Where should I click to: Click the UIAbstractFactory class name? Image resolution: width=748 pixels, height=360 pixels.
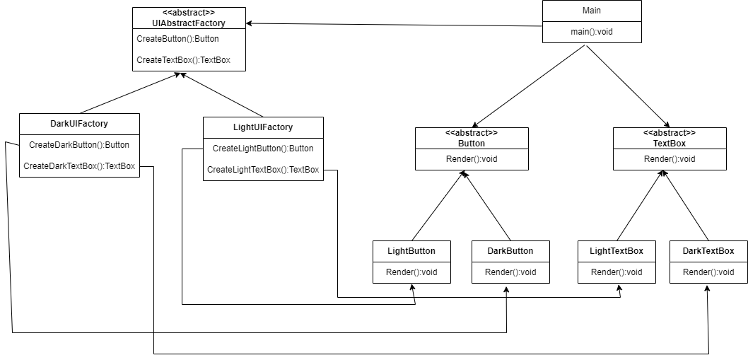pyautogui.click(x=189, y=23)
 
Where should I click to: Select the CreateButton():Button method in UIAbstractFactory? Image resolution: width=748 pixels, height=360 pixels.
pyautogui.click(x=177, y=39)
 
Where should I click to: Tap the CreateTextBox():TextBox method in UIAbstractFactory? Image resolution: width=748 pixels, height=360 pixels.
pyautogui.click(x=183, y=60)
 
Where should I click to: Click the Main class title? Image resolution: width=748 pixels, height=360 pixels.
pyautogui.click(x=592, y=11)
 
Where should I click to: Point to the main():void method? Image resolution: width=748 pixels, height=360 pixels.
pyautogui.click(x=592, y=32)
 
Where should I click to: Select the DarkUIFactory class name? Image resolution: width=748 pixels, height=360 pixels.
pyautogui.click(x=79, y=123)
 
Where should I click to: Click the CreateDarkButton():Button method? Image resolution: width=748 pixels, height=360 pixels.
pyautogui.click(x=79, y=145)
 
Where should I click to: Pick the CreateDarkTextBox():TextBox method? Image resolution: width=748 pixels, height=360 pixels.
pyautogui.click(x=79, y=166)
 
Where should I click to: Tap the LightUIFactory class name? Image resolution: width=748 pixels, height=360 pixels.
pyautogui.click(x=263, y=127)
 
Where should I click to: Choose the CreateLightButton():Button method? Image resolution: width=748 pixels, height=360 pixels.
pyautogui.click(x=263, y=149)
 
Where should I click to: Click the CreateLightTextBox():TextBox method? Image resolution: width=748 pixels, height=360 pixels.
pyautogui.click(x=263, y=170)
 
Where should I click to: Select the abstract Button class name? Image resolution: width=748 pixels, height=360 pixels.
pyautogui.click(x=472, y=143)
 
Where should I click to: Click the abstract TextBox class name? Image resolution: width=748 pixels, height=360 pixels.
pyautogui.click(x=670, y=143)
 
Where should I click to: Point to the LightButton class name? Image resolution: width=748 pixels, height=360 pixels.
pyautogui.click(x=411, y=250)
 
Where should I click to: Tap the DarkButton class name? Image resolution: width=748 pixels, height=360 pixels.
pyautogui.click(x=510, y=250)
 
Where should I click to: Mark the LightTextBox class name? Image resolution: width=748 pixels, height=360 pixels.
pyautogui.click(x=616, y=250)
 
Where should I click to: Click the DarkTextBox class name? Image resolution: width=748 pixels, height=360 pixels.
pyautogui.click(x=708, y=250)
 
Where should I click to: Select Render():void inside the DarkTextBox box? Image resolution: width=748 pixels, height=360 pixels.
pyautogui.click(x=708, y=272)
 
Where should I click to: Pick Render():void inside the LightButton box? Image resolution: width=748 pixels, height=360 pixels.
pyautogui.click(x=411, y=272)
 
